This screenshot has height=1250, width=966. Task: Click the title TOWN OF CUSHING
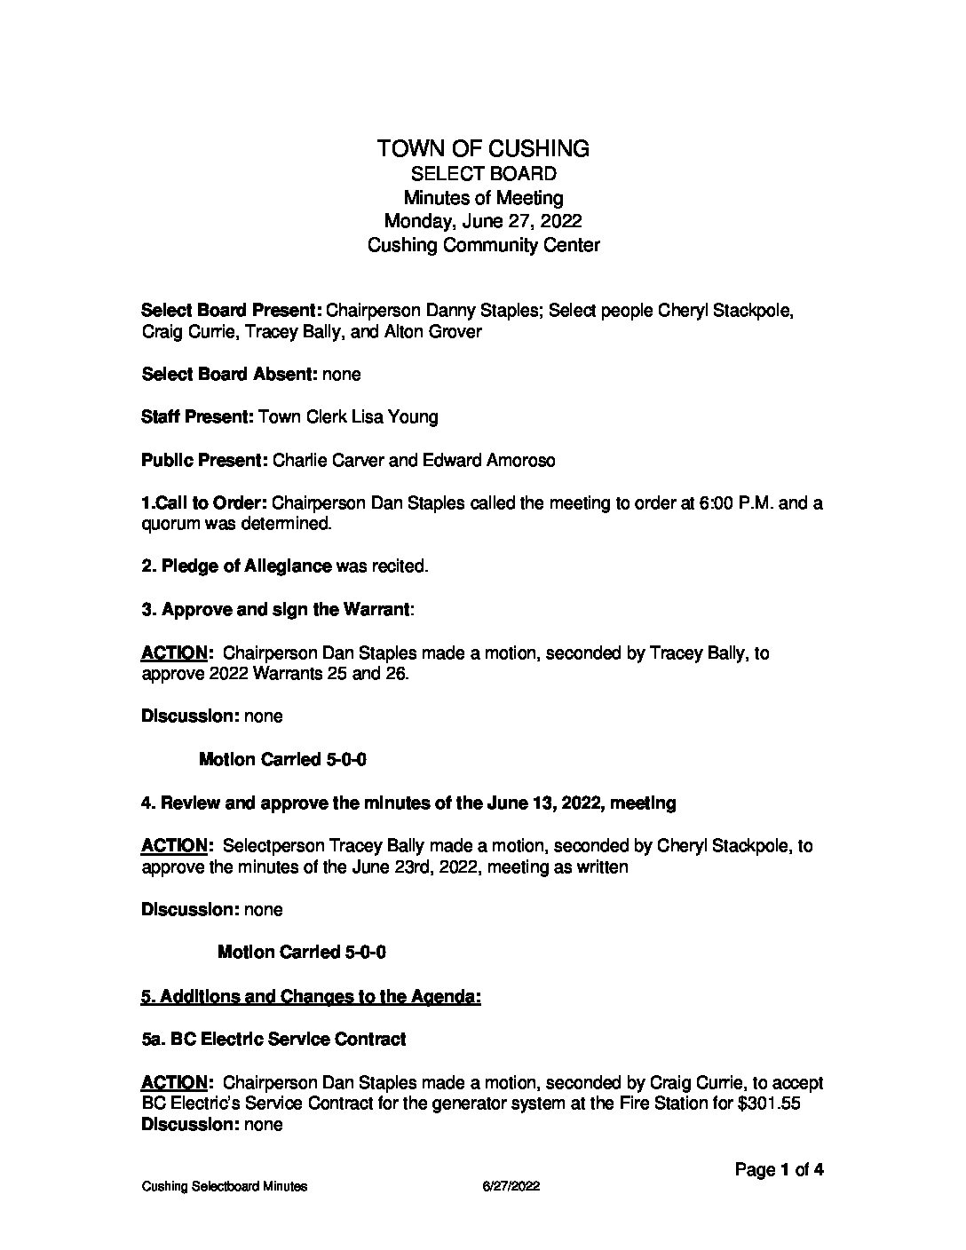click(483, 148)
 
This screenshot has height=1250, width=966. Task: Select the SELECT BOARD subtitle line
click(483, 173)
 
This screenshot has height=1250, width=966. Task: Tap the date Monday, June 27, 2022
click(483, 221)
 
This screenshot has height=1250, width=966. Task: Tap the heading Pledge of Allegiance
click(247, 566)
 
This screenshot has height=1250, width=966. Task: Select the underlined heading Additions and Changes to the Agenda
click(311, 996)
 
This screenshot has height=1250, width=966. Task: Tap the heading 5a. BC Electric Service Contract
click(273, 1039)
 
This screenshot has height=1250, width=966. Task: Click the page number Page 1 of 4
click(780, 1170)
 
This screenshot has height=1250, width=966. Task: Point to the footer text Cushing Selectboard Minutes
click(224, 1187)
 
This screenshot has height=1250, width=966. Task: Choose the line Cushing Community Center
click(483, 245)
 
